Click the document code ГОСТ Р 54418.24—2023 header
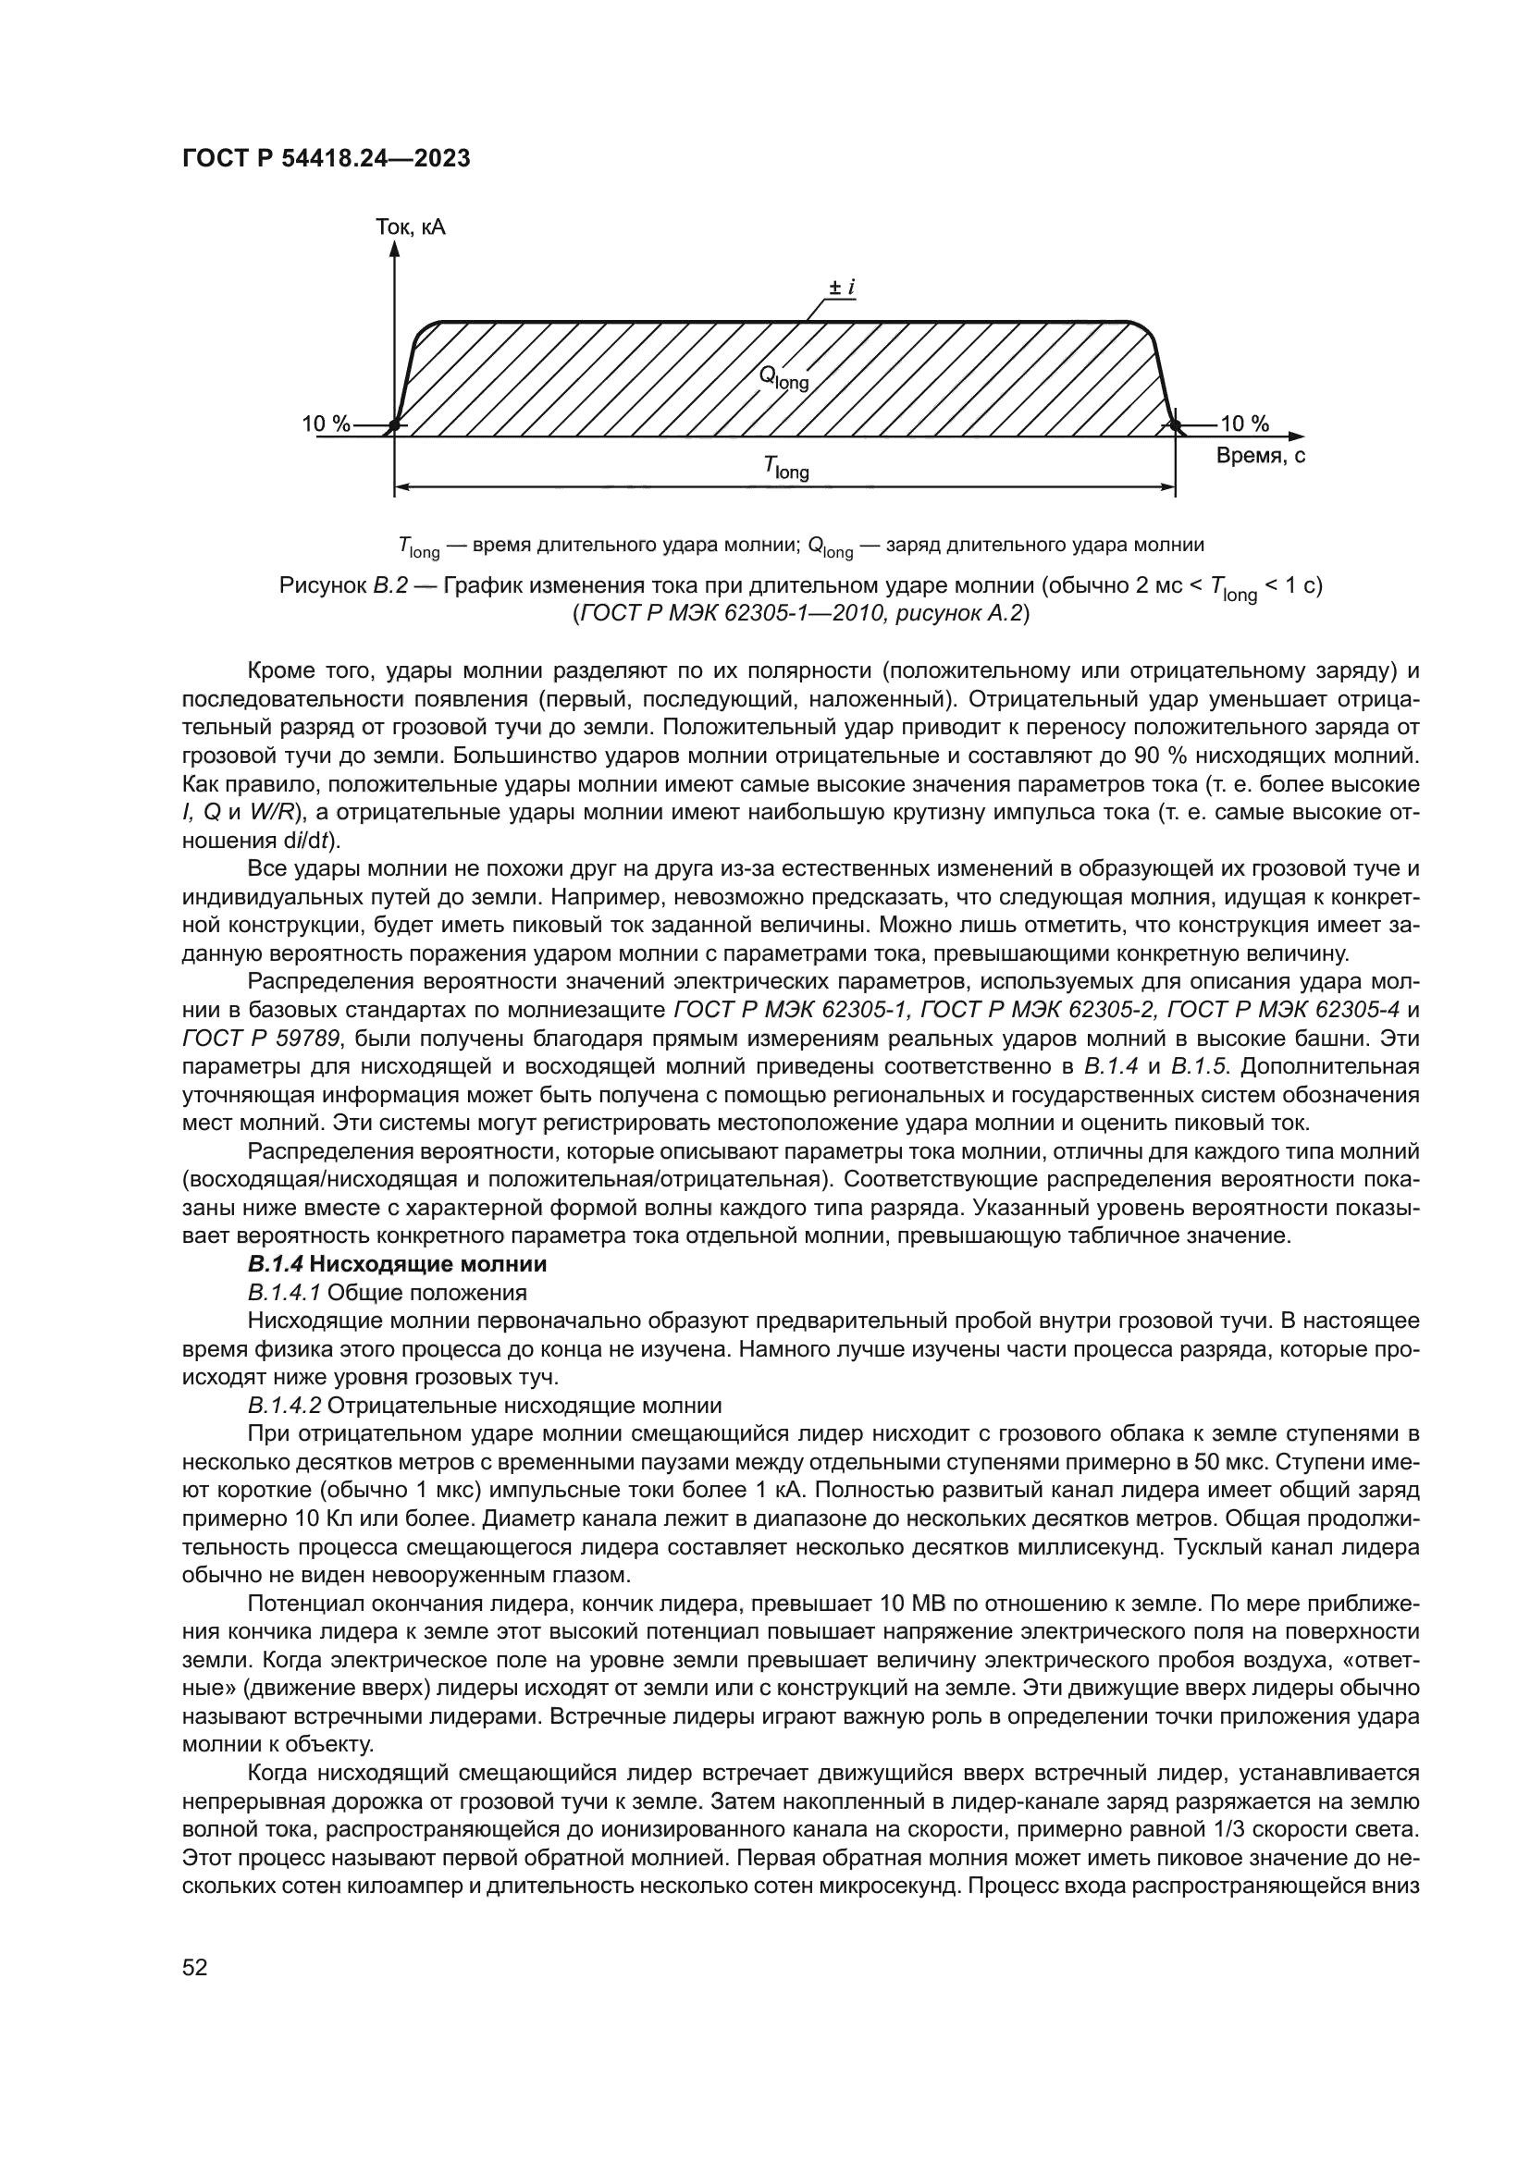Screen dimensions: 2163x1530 point(325,159)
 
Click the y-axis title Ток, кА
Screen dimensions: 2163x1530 point(410,228)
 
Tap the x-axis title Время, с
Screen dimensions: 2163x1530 point(1260,457)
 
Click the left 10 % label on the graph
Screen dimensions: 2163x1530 point(325,424)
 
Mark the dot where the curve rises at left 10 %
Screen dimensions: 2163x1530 point(395,426)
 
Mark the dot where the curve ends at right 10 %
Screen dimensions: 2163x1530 point(1175,426)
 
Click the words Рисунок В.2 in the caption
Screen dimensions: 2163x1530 point(344,585)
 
